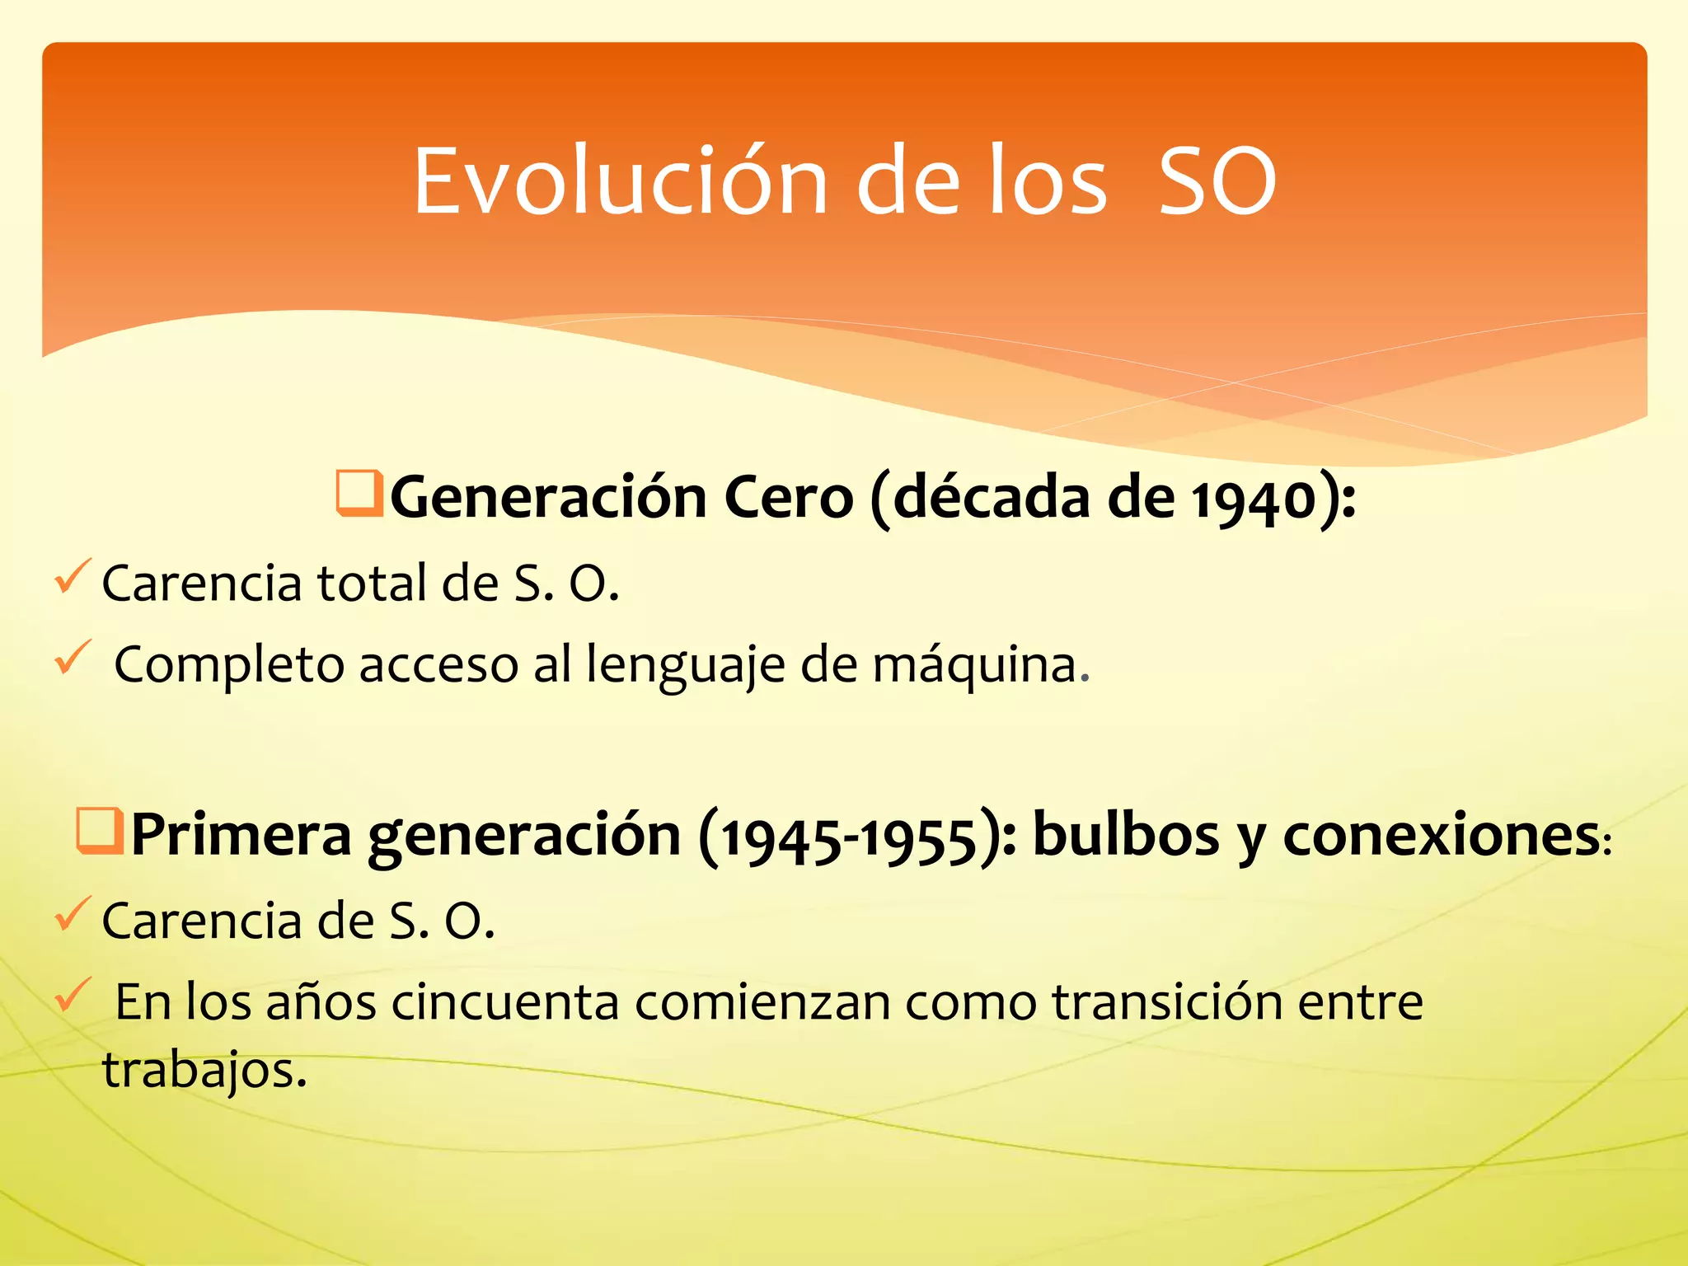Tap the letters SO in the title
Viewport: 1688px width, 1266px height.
pyautogui.click(x=1217, y=181)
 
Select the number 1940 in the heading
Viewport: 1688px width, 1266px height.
pyautogui.click(x=1254, y=499)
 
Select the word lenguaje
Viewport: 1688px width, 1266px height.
pyautogui.click(x=686, y=666)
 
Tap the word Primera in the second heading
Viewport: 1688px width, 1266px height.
pyautogui.click(x=241, y=836)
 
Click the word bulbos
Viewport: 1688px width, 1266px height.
pyautogui.click(x=1125, y=836)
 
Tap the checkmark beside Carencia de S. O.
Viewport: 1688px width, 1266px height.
pyautogui.click(x=72, y=915)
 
